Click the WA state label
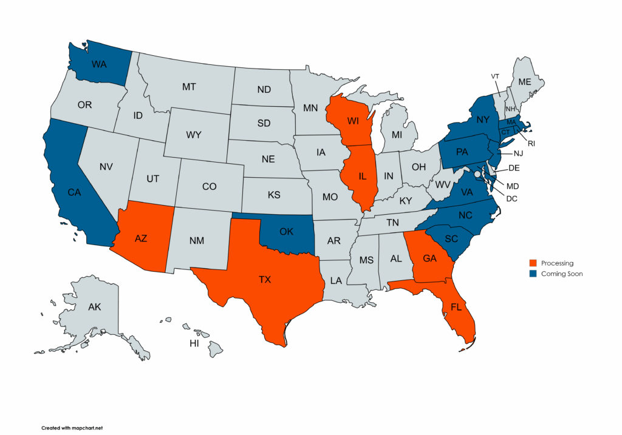tap(100, 63)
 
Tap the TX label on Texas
tap(264, 280)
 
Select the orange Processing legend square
tap(533, 263)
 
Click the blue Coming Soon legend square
tap(533, 274)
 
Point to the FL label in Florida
tap(456, 308)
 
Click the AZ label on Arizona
tap(141, 238)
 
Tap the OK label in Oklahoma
tap(287, 231)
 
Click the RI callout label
tap(531, 144)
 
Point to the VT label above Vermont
tap(495, 76)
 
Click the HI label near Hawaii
tap(194, 343)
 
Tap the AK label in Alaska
tap(95, 307)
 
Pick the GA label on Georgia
tap(430, 258)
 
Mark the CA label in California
tap(74, 192)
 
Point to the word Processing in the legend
tap(557, 263)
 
